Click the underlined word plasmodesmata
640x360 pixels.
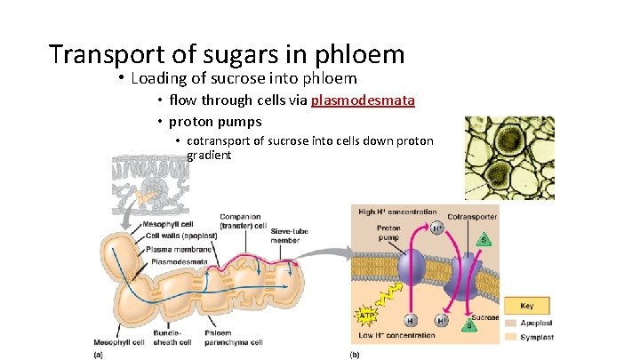(x=363, y=100)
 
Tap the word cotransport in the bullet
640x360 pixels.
(x=219, y=141)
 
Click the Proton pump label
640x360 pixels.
(x=388, y=234)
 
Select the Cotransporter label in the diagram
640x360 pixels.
(x=472, y=216)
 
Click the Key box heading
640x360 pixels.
(x=527, y=304)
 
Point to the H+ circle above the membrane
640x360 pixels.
(x=436, y=228)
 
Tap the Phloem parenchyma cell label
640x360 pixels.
(x=233, y=338)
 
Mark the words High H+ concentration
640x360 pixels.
(x=397, y=212)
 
